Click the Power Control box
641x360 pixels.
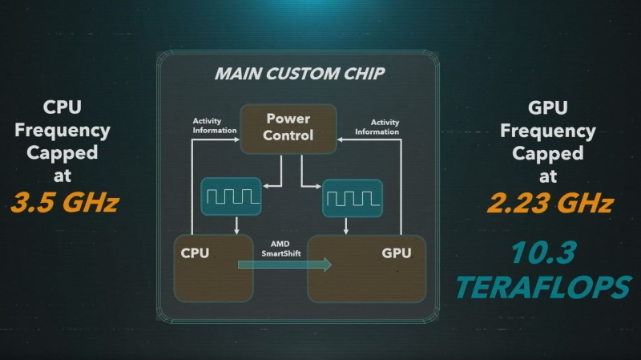point(288,127)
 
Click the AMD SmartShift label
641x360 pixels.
point(280,248)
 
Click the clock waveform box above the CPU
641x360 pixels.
point(231,196)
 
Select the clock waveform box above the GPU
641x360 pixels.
point(352,198)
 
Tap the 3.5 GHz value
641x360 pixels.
point(65,202)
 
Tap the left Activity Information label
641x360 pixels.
point(215,127)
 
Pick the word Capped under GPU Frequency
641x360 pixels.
point(550,152)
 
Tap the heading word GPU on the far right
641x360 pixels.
point(550,107)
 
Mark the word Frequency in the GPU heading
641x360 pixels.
point(550,130)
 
